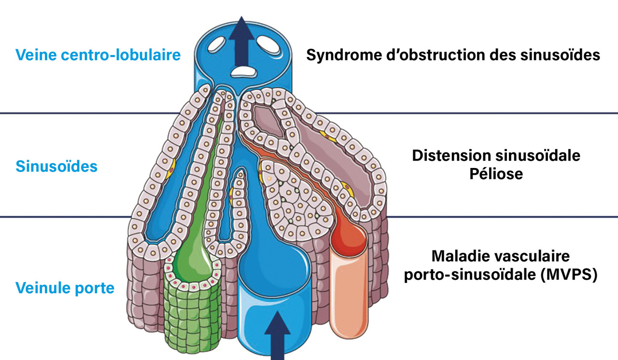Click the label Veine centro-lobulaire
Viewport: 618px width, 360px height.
[98, 55]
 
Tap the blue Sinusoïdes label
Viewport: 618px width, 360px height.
[56, 167]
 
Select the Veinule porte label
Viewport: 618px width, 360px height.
[65, 288]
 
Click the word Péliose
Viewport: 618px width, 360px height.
[496, 173]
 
